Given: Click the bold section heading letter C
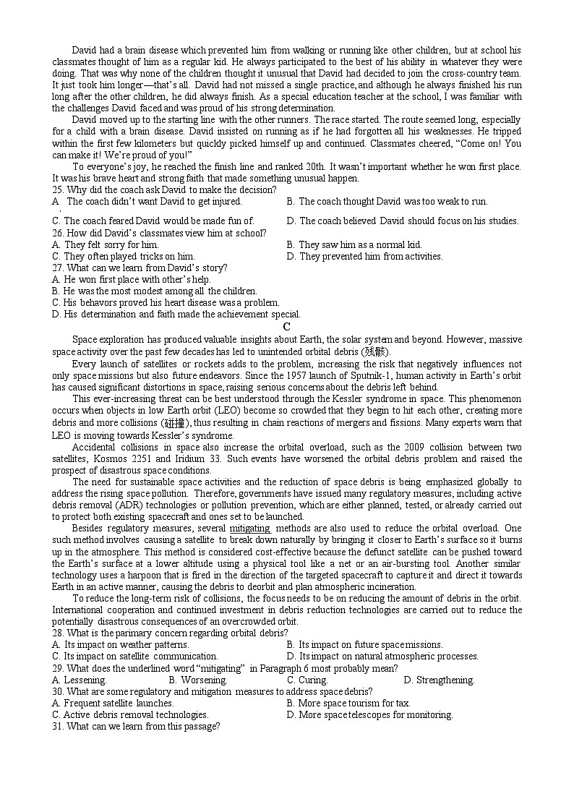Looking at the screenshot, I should [x=287, y=327].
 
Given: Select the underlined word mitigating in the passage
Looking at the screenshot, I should [x=249, y=529].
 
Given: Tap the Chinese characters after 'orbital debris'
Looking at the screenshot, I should [x=375, y=352].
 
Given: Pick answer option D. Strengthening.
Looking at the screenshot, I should [x=439, y=680].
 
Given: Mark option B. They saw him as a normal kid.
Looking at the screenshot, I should [x=354, y=244].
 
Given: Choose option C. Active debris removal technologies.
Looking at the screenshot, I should [x=130, y=714].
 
